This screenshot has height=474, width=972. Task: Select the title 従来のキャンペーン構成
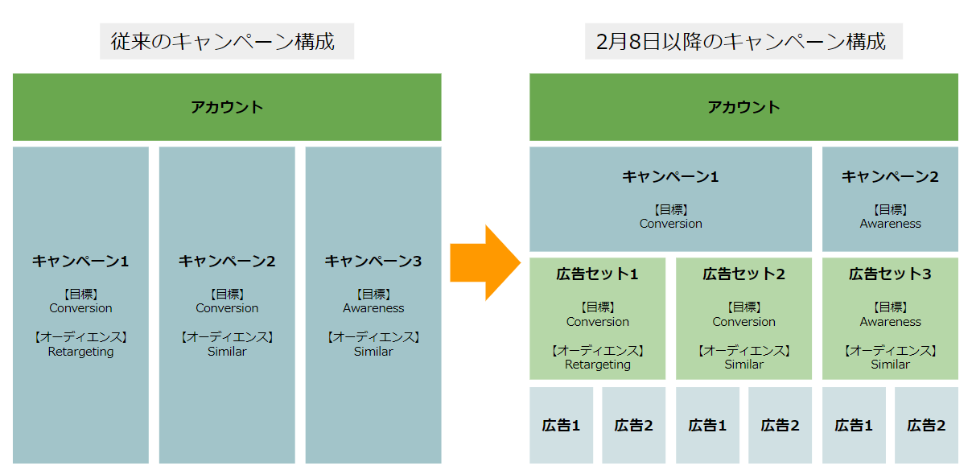pos(223,42)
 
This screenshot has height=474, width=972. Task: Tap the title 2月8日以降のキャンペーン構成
pos(741,42)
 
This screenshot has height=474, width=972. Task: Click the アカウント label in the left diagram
pos(227,107)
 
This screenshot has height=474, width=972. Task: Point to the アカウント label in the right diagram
pos(743,107)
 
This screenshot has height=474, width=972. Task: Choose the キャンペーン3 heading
pos(373,261)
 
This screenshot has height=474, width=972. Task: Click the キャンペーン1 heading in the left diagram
pos(80,261)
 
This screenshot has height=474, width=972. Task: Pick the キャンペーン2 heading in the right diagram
pos(890,177)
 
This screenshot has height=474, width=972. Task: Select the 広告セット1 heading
pos(597,274)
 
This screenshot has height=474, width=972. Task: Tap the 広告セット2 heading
pos(743,274)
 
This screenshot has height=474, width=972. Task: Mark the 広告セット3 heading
pos(890,274)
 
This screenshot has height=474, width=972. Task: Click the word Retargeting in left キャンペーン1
pos(80,351)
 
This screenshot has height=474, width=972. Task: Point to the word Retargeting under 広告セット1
pos(598,365)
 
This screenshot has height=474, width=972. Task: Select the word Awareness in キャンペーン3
pos(373,308)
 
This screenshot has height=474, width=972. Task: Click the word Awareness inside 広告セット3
pos(891,322)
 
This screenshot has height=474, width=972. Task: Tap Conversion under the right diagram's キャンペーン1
pos(671,224)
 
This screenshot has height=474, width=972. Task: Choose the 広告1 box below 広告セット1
pos(561,426)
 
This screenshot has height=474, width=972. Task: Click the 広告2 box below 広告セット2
pos(780,426)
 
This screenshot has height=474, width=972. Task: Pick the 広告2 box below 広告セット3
pos(926,426)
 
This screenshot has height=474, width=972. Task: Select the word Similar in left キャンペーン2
pos(227,351)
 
